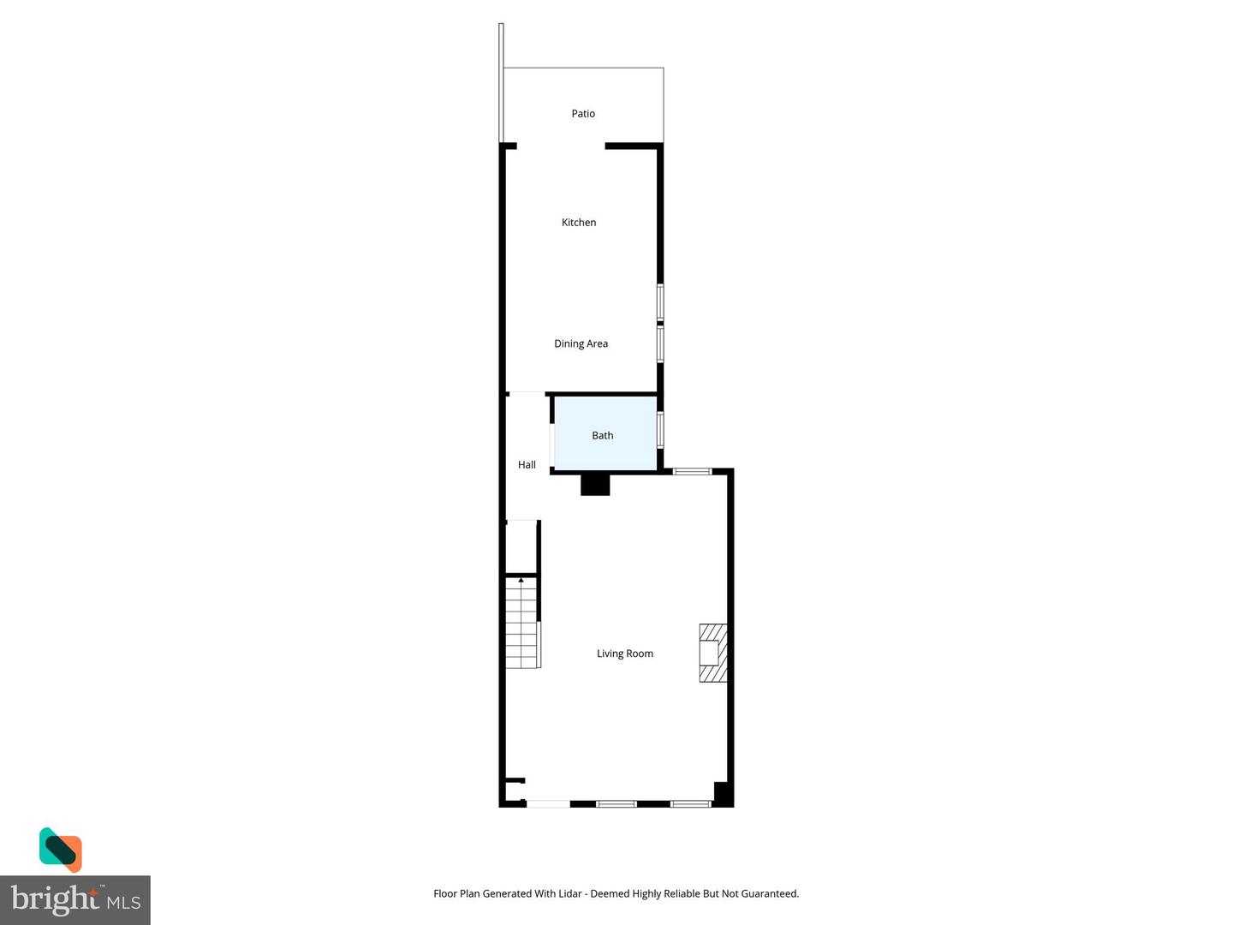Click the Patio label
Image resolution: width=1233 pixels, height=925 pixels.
pyautogui.click(x=583, y=113)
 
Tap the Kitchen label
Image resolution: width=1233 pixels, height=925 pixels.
pyautogui.click(x=579, y=222)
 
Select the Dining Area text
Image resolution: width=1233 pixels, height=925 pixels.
pyautogui.click(x=581, y=343)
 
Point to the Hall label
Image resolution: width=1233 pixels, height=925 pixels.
pyautogui.click(x=527, y=464)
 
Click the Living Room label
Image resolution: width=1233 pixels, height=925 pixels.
pyautogui.click(x=624, y=653)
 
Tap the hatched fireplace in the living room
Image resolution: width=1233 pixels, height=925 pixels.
pyautogui.click(x=712, y=653)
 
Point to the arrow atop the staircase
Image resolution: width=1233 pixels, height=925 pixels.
pyautogui.click(x=521, y=581)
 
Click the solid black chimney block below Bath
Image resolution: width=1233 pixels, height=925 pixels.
pyautogui.click(x=595, y=485)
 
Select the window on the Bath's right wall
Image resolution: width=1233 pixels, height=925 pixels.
pyautogui.click(x=660, y=429)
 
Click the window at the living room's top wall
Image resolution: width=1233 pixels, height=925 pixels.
pyautogui.click(x=692, y=471)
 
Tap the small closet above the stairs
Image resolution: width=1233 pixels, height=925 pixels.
pyautogui.click(x=521, y=546)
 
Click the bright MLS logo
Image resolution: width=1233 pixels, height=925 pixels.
pyautogui.click(x=75, y=900)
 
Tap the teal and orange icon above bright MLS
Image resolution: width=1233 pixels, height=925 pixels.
pyautogui.click(x=61, y=849)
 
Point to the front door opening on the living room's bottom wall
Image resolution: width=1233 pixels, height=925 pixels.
pyautogui.click(x=548, y=803)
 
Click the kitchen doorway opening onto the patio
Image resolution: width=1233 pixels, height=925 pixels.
pyautogui.click(x=561, y=146)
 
